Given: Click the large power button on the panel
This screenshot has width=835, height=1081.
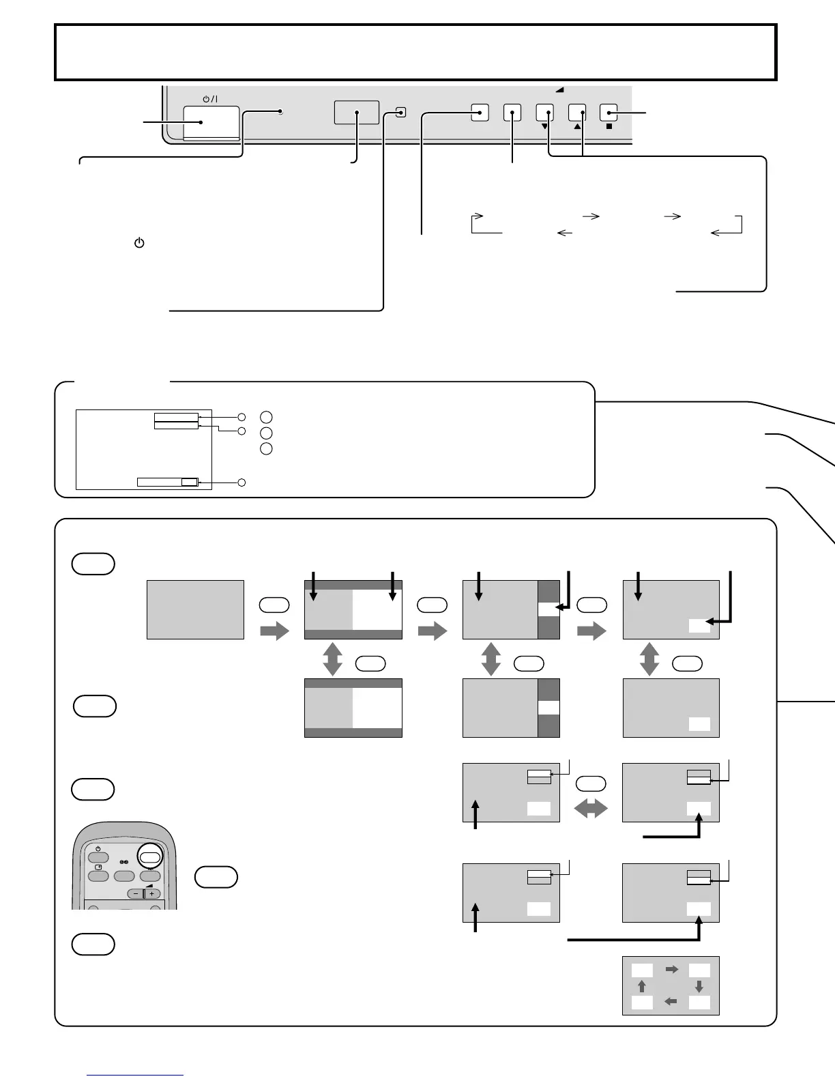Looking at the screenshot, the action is point(211,123).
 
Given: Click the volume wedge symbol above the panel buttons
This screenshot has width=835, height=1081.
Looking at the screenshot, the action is point(560,89).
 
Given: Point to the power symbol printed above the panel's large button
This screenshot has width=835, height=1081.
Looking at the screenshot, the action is point(210,99).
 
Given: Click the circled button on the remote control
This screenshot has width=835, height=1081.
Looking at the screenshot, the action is point(151,857).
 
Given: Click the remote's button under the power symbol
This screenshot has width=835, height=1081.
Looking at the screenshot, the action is point(98,857).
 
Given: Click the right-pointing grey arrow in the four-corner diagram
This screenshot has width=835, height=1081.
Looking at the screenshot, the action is point(671,969).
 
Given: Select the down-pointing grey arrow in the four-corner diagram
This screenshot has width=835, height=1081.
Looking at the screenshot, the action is point(699,986).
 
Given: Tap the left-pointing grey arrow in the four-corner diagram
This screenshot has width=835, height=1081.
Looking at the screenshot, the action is point(671,1002).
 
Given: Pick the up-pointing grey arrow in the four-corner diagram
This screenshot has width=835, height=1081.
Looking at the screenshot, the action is point(641,986).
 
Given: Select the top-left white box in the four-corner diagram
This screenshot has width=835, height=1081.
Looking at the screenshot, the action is point(642,970).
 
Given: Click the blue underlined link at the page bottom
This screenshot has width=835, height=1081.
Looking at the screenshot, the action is point(135,1076).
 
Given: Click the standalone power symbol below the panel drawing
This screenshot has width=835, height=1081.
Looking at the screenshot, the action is point(139,243).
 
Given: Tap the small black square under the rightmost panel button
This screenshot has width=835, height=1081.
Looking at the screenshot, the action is point(608,126).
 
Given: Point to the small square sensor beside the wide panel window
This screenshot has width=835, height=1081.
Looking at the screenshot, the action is point(401,112).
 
